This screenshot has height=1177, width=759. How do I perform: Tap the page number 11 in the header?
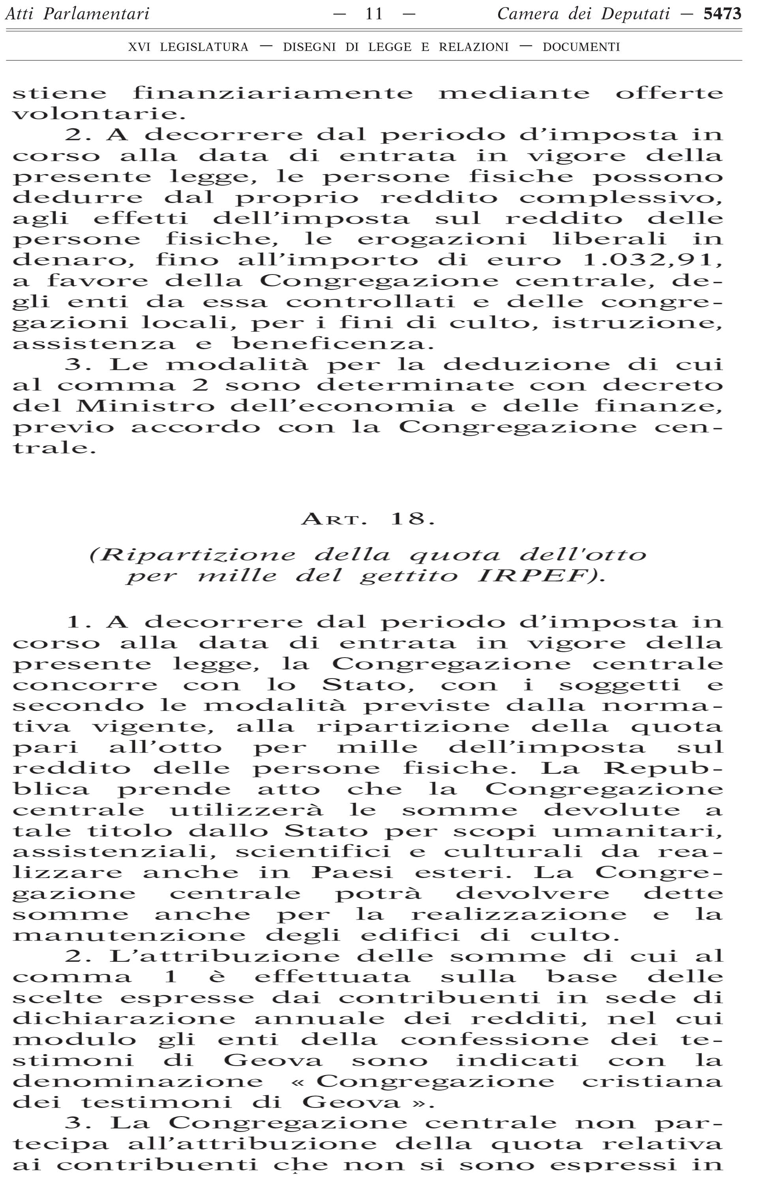[x=374, y=14]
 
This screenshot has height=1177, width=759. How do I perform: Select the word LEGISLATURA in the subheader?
[x=204, y=47]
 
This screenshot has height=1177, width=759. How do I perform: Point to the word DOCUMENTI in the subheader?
[x=581, y=47]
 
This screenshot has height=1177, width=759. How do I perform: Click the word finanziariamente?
[x=273, y=93]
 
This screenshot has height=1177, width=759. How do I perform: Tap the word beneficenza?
[x=333, y=343]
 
